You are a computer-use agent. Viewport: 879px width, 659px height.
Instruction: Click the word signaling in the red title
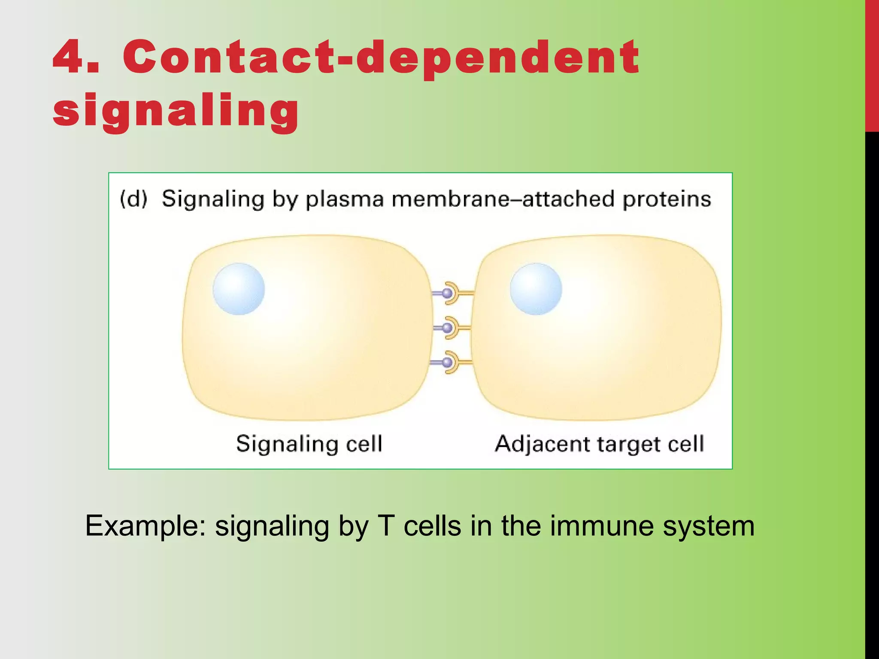point(176,111)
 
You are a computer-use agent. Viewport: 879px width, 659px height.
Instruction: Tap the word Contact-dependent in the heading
point(381,58)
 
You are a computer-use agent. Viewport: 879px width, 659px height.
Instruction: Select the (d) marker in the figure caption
point(133,199)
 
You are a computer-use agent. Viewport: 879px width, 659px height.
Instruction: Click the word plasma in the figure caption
point(344,200)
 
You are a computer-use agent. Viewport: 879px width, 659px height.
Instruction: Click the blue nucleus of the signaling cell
point(239,289)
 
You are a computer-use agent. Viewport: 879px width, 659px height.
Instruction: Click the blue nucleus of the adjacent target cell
point(536,289)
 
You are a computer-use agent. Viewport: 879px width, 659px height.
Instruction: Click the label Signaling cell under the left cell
point(309,444)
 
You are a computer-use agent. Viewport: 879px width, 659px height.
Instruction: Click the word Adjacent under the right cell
point(543,444)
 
